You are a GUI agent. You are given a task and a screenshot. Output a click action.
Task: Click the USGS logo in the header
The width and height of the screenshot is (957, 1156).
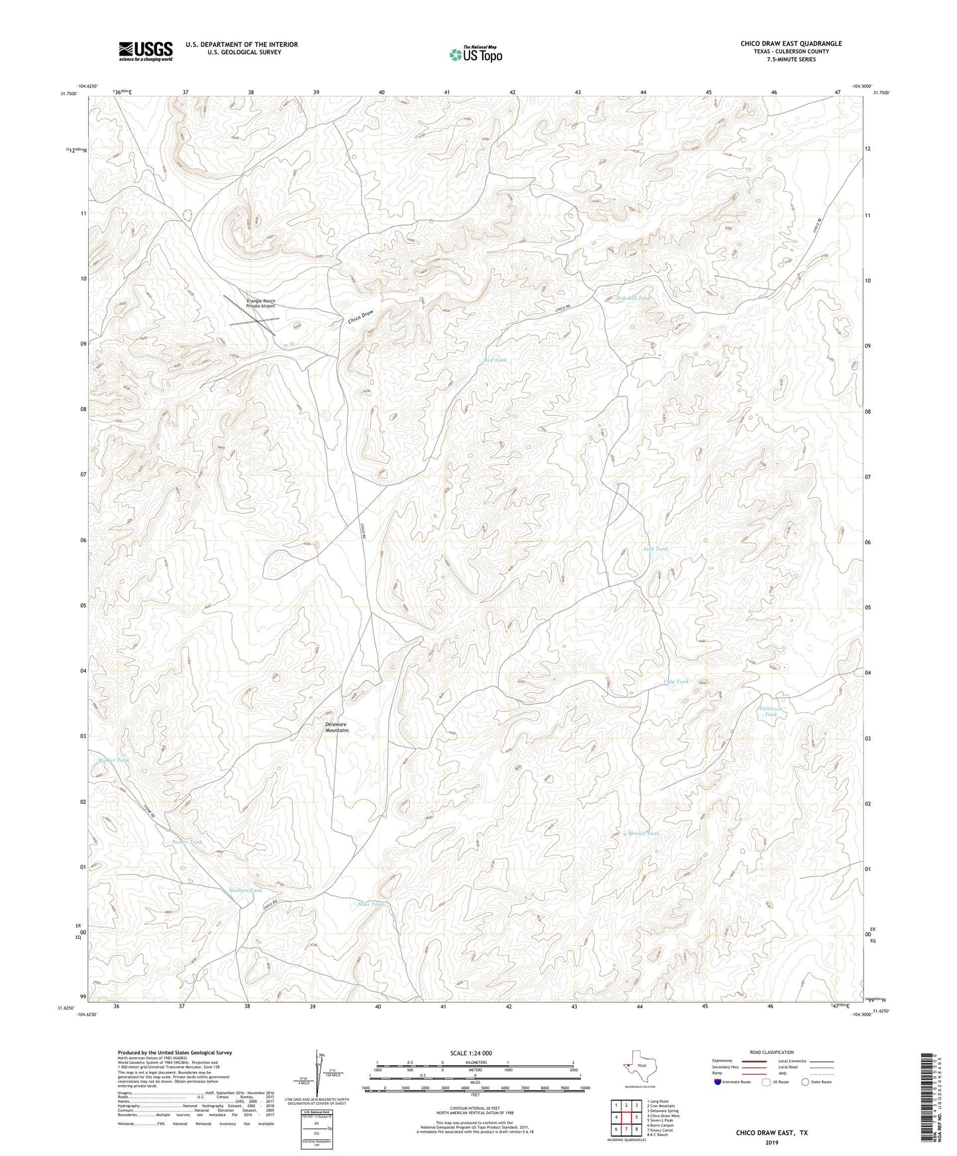click(146, 51)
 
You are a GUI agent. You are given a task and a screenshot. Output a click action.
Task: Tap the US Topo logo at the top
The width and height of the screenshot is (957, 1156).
click(476, 54)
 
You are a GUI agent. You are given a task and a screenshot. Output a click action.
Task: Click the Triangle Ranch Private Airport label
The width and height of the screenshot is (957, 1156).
click(260, 304)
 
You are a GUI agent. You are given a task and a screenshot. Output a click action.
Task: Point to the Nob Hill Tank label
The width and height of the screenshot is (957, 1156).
click(633, 299)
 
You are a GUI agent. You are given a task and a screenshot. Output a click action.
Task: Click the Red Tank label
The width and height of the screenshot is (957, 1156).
click(495, 360)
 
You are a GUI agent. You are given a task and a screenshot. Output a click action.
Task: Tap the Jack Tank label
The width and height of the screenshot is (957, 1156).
click(655, 549)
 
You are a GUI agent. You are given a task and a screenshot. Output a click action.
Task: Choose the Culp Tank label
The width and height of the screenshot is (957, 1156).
click(676, 681)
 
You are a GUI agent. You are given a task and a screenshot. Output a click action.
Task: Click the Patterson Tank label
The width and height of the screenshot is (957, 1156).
click(771, 712)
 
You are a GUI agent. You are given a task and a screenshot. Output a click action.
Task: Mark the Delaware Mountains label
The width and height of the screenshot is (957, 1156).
click(336, 727)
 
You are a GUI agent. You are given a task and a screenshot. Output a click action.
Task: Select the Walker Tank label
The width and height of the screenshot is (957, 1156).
click(113, 760)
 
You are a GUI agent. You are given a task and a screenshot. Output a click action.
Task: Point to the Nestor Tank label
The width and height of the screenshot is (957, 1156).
click(187, 842)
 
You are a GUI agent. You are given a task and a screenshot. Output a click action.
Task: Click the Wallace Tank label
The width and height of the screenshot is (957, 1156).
click(245, 890)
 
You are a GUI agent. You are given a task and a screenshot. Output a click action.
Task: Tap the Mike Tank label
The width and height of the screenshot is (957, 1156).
click(371, 904)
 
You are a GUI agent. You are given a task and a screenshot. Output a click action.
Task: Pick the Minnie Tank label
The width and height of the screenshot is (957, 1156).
click(644, 834)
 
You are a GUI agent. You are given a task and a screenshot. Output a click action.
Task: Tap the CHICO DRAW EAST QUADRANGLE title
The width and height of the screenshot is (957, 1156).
click(791, 44)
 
